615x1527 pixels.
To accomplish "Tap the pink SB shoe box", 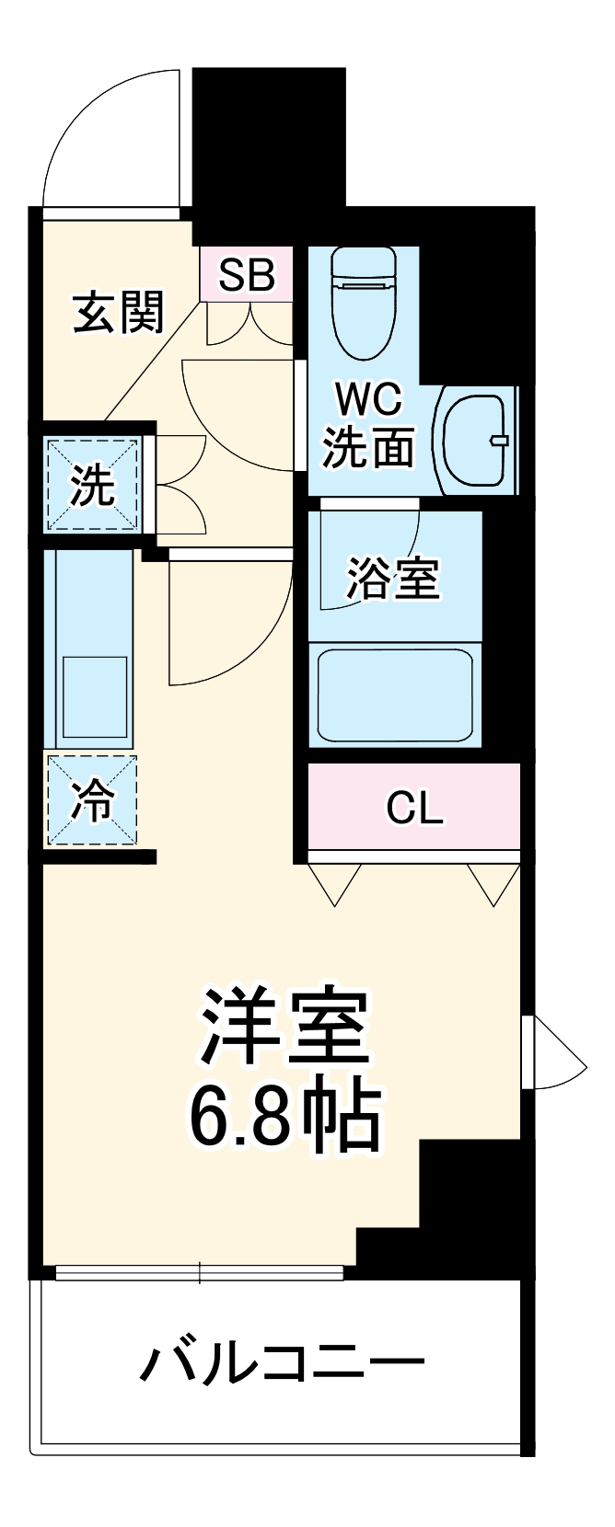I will point(247,273).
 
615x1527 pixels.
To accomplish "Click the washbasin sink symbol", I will point(477,439).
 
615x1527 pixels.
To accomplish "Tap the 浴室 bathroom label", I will point(393,579).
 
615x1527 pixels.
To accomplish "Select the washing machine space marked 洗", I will point(93,485).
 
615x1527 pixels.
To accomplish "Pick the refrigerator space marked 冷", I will point(92,800).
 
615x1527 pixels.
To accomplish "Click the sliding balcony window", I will point(199,1273).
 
